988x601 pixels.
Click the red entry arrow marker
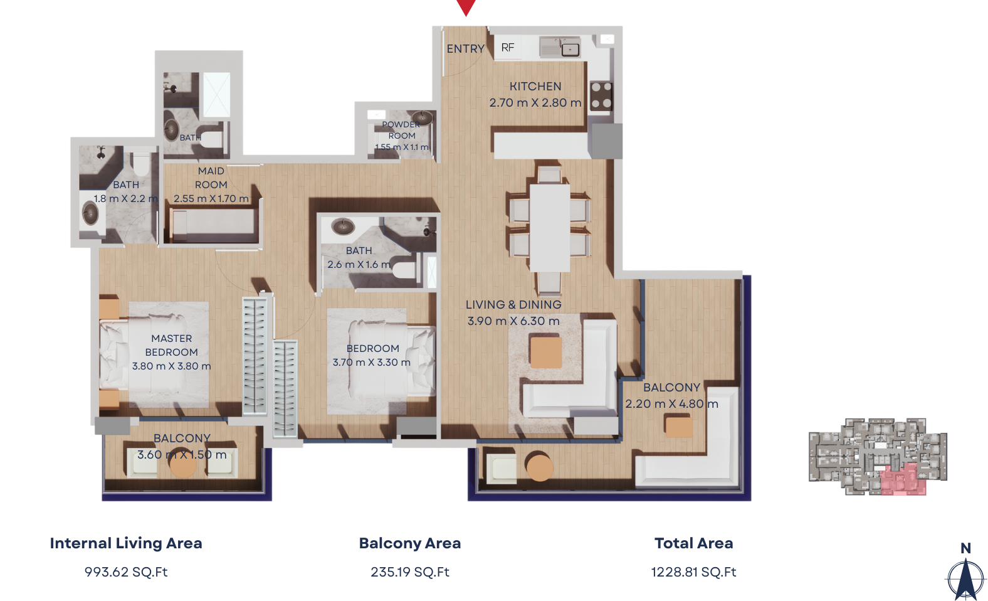point(466,6)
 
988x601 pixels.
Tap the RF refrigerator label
point(508,47)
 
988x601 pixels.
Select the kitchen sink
point(560,47)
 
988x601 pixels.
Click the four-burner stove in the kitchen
point(601,95)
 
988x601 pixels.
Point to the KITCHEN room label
point(535,87)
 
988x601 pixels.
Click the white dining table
point(550,228)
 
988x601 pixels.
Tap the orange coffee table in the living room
point(545,352)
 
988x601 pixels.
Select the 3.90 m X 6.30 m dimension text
point(513,321)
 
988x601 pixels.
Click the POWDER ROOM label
point(401,130)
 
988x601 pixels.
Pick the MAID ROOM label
point(211,178)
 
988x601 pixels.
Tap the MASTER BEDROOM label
point(172,345)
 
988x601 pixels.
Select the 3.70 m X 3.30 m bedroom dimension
point(371,362)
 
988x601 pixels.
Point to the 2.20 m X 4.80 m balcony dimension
point(672,404)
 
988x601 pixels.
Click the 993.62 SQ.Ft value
point(126,572)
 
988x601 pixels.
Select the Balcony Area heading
point(410,543)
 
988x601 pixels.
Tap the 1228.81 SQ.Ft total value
point(694,572)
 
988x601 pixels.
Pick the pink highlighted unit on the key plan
point(903,480)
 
